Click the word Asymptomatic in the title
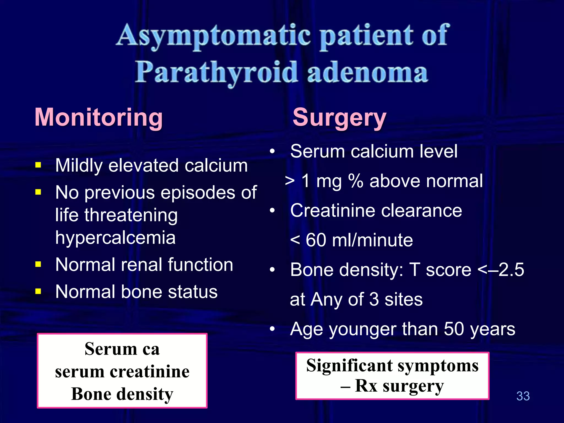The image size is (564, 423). click(x=213, y=36)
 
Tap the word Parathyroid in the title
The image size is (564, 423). click(x=216, y=72)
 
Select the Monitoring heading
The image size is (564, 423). click(x=99, y=117)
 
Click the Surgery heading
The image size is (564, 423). click(x=339, y=118)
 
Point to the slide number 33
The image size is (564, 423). click(x=523, y=396)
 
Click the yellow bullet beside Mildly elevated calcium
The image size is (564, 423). click(x=38, y=165)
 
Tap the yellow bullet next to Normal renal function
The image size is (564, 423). click(x=38, y=265)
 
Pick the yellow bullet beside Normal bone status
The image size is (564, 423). click(x=38, y=291)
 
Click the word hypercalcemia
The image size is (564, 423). click(x=115, y=238)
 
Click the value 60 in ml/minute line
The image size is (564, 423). click(x=316, y=240)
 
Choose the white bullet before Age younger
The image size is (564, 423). click(x=272, y=329)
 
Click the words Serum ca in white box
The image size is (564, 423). click(x=122, y=349)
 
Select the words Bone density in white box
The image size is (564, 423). click(x=122, y=394)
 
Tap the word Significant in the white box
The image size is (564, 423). click(x=349, y=366)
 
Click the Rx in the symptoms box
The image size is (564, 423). click(x=366, y=386)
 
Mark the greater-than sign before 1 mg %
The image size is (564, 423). click(x=290, y=181)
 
